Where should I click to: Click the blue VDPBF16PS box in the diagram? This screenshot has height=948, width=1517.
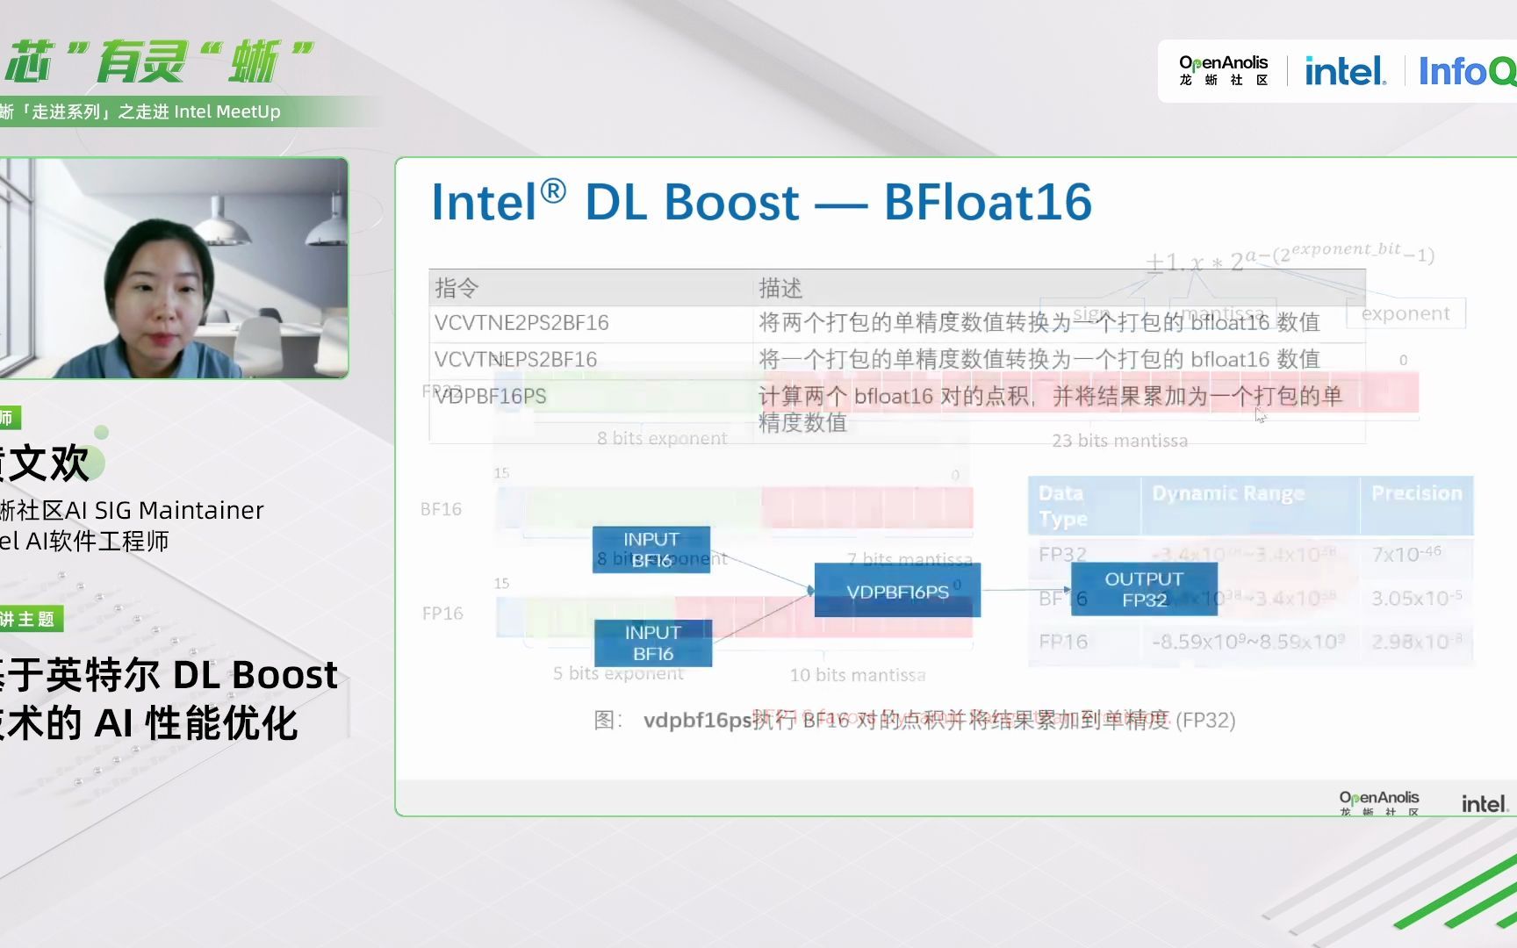pos(897,591)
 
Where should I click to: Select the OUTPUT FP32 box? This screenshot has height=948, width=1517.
pos(1144,589)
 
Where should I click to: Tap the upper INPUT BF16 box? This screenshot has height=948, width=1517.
pos(651,549)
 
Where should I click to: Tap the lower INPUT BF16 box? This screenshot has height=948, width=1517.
pos(653,643)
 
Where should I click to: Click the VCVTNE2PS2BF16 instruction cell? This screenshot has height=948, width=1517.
pos(521,323)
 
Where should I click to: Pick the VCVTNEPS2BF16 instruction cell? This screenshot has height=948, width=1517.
pos(516,360)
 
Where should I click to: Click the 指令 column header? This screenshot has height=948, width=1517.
pos(457,288)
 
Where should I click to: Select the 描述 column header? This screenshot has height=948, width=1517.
pos(780,288)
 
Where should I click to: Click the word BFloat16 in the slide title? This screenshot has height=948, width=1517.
pos(988,202)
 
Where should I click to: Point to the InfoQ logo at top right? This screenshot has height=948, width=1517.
pos(1466,71)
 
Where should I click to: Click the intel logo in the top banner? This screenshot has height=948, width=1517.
pos(1345,71)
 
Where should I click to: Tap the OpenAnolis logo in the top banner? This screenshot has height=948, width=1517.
pos(1223,70)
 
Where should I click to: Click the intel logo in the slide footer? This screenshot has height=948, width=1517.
pos(1484,803)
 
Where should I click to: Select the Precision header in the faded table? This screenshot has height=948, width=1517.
pos(1416,493)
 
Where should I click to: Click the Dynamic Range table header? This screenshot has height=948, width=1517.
pos(1228,493)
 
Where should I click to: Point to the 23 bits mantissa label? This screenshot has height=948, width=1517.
pos(1119,441)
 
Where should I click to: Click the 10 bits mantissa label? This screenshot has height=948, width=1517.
pos(858,675)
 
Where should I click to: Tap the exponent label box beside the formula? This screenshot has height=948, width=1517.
pos(1406,313)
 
